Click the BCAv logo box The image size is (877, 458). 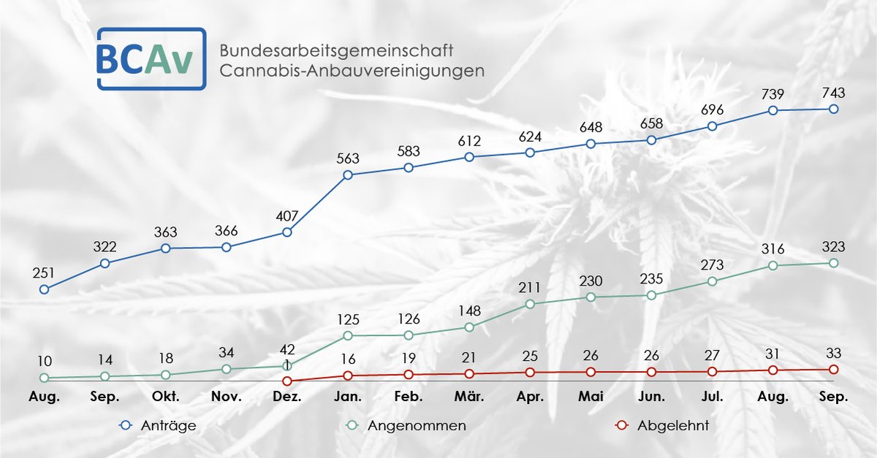pyautogui.click(x=151, y=59)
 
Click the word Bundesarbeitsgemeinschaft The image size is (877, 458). pyautogui.click(x=336, y=51)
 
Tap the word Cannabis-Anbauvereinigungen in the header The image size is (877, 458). pyautogui.click(x=352, y=72)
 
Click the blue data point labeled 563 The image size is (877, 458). pyautogui.click(x=348, y=175)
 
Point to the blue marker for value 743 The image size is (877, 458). pyautogui.click(x=833, y=109)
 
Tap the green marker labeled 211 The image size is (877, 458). pyautogui.click(x=530, y=304)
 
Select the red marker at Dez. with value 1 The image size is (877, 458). pyautogui.click(x=287, y=381)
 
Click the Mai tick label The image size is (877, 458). pyautogui.click(x=591, y=397)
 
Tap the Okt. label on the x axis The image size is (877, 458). pyautogui.click(x=166, y=397)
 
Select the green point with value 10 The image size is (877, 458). pyautogui.click(x=44, y=378)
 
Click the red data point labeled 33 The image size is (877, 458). pyautogui.click(x=833, y=370)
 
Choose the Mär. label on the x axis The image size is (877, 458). pyautogui.click(x=469, y=397)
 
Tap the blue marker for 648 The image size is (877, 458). pyautogui.click(x=591, y=144)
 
